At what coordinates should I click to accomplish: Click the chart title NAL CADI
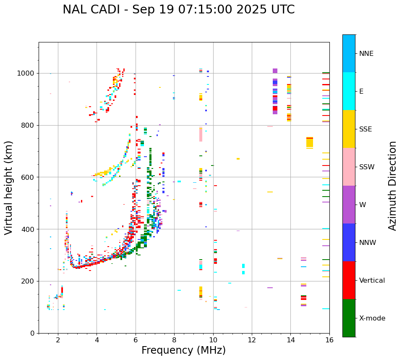click(178, 10)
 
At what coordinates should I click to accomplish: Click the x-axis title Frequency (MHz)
click(183, 350)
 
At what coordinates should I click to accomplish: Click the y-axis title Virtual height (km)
click(9, 187)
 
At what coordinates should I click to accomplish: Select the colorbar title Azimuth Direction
click(392, 185)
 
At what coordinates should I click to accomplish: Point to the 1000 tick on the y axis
click(28, 73)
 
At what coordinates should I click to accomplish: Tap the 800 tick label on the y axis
click(29, 125)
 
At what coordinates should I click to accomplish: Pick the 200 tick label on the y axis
click(29, 281)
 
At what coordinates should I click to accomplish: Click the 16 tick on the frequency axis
click(329, 340)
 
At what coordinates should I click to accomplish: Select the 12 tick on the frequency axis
click(252, 340)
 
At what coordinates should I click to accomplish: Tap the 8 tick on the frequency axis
click(174, 340)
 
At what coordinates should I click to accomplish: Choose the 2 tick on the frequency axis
click(58, 340)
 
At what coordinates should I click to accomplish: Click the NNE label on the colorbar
click(366, 54)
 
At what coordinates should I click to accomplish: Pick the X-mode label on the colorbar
click(372, 318)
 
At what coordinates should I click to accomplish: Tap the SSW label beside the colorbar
click(367, 167)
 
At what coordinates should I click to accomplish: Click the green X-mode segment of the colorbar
click(349, 318)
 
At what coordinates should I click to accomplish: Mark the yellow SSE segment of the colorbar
click(349, 129)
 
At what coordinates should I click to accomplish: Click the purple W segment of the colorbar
click(349, 205)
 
